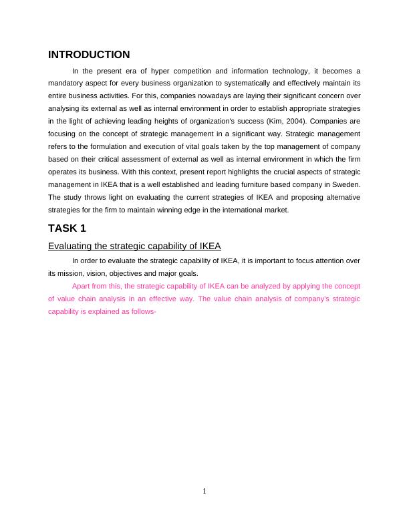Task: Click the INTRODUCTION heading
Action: pos(89,55)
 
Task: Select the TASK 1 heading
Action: pos(67,228)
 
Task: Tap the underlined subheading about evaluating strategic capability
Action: pos(134,246)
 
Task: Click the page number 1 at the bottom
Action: pos(204,492)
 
